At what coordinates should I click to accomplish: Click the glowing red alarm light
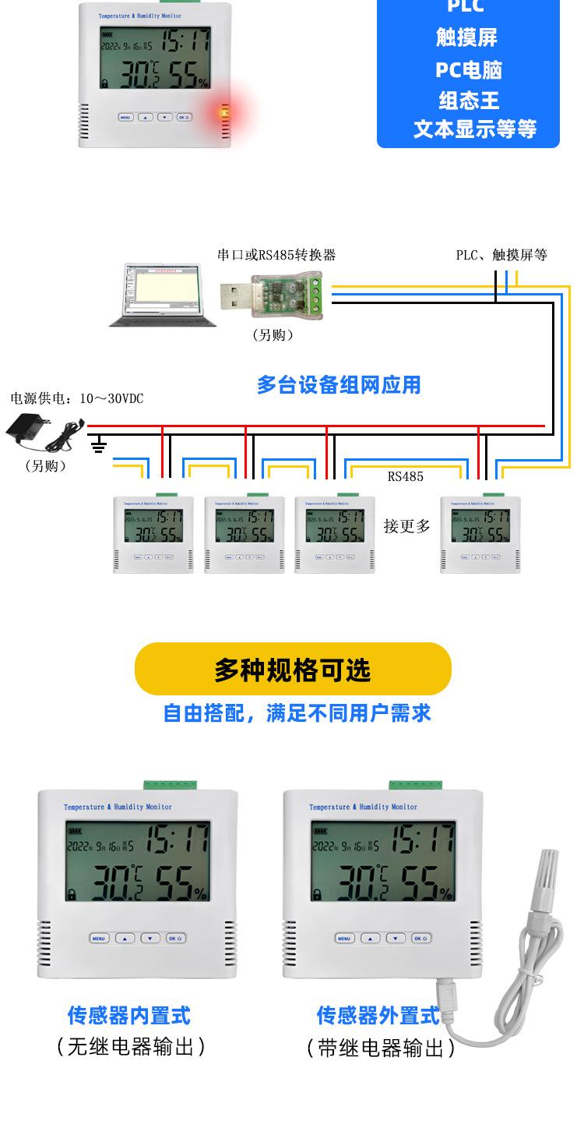pyautogui.click(x=226, y=114)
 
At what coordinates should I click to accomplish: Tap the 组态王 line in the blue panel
pyautogui.click(x=468, y=101)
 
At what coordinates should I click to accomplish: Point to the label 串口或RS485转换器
pyautogui.click(x=276, y=255)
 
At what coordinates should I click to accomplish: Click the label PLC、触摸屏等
pyautogui.click(x=501, y=255)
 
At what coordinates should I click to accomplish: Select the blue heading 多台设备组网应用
pyautogui.click(x=339, y=384)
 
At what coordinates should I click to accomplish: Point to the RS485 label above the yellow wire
pyautogui.click(x=406, y=476)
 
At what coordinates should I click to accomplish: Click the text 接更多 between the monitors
pyautogui.click(x=406, y=526)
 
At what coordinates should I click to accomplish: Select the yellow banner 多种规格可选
pyautogui.click(x=293, y=669)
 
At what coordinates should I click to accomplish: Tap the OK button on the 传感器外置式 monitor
pyautogui.click(x=420, y=938)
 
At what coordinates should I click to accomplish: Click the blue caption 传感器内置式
pyautogui.click(x=129, y=1015)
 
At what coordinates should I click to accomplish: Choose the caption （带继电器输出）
pyautogui.click(x=381, y=1048)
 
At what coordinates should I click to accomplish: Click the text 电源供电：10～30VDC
pyautogui.click(x=77, y=398)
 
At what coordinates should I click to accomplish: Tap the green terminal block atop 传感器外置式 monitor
pyautogui.click(x=415, y=784)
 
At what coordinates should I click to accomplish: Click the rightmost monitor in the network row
pyautogui.click(x=480, y=535)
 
